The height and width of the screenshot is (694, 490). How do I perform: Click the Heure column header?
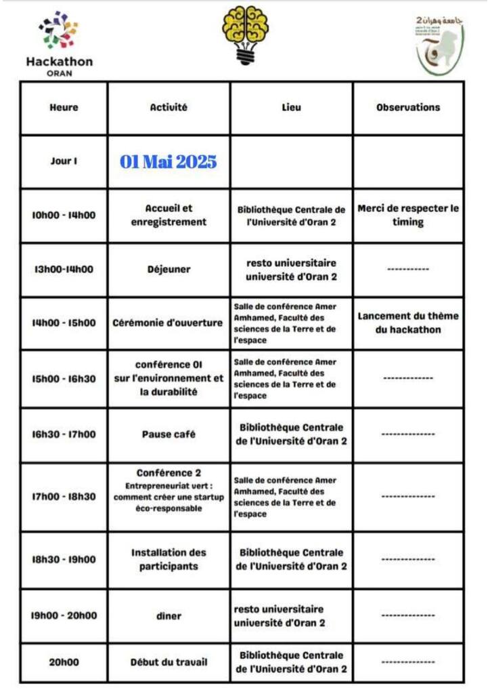64,107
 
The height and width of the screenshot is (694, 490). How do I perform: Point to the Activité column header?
169,107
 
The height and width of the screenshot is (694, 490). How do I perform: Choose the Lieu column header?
291,107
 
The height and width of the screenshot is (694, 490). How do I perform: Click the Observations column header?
408,107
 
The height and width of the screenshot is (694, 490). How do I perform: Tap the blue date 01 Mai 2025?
169,161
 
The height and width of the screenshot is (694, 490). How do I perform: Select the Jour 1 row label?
64,161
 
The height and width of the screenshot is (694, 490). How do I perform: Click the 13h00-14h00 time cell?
64,269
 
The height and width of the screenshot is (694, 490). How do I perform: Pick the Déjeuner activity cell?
169,269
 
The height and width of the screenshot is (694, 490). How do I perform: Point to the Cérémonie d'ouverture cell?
169,323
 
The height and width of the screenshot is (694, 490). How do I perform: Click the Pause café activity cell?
169,434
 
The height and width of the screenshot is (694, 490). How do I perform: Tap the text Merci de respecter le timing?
408,215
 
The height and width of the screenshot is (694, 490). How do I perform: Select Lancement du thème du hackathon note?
408,323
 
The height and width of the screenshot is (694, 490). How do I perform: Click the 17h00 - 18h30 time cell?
64,497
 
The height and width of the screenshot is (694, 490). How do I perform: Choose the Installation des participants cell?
169,559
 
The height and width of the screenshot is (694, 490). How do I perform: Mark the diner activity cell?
169,616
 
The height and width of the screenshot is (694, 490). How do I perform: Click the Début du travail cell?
169,662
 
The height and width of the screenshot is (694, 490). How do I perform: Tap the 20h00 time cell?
64,662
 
